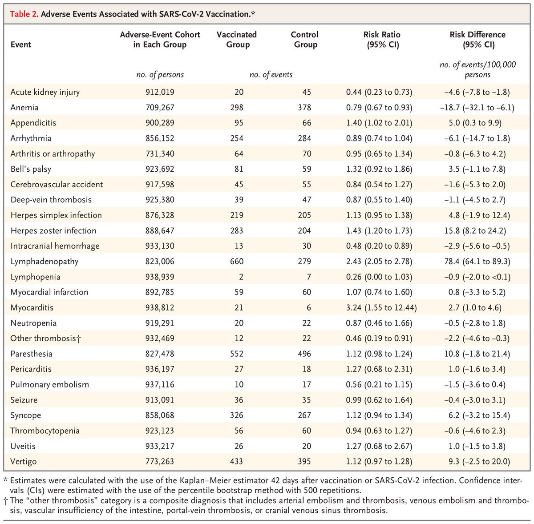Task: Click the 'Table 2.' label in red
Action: pyautogui.click(x=24, y=14)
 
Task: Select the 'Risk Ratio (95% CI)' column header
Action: pyautogui.click(x=382, y=39)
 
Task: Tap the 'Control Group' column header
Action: pyautogui.click(x=305, y=39)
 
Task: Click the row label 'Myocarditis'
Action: pyautogui.click(x=32, y=307)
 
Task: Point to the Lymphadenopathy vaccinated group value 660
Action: pyautogui.click(x=237, y=261)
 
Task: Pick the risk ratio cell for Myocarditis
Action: pyautogui.click(x=381, y=307)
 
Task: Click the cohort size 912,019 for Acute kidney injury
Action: pyautogui.click(x=160, y=92)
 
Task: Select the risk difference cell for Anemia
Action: pyautogui.click(x=477, y=108)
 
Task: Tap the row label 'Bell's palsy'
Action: pyautogui.click(x=31, y=169)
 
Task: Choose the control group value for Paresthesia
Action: pyautogui.click(x=304, y=354)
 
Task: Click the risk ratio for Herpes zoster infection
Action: pyautogui.click(x=379, y=230)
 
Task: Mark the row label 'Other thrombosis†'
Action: pyautogui.click(x=46, y=339)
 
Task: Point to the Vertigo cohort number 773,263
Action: pyautogui.click(x=160, y=461)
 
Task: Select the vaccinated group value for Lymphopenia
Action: pyautogui.click(x=241, y=277)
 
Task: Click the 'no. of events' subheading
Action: pyautogui.click(x=271, y=75)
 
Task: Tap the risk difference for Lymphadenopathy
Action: pyautogui.click(x=477, y=261)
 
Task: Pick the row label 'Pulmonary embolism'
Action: pyautogui.click(x=49, y=385)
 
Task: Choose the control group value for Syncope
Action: pyautogui.click(x=304, y=415)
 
